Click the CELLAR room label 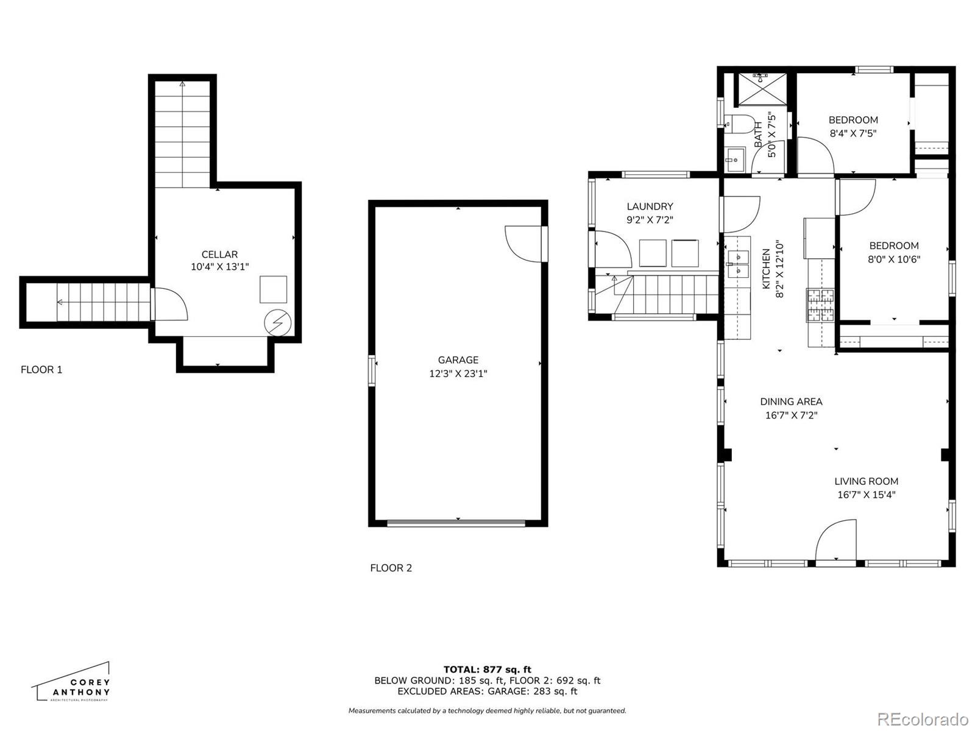(x=219, y=254)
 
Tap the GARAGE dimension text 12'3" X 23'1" (x=458, y=373)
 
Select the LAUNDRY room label (x=650, y=207)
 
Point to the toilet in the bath (x=740, y=125)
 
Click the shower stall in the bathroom (x=762, y=90)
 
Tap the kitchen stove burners (x=820, y=305)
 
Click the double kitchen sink (x=738, y=264)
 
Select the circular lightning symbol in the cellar (x=278, y=323)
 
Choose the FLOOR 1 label (x=41, y=370)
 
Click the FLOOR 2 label (x=391, y=568)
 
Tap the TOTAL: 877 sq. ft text (x=487, y=669)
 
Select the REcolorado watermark (x=924, y=718)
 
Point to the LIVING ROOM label (x=866, y=481)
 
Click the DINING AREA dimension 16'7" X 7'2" (x=791, y=415)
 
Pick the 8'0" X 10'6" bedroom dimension (x=894, y=260)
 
